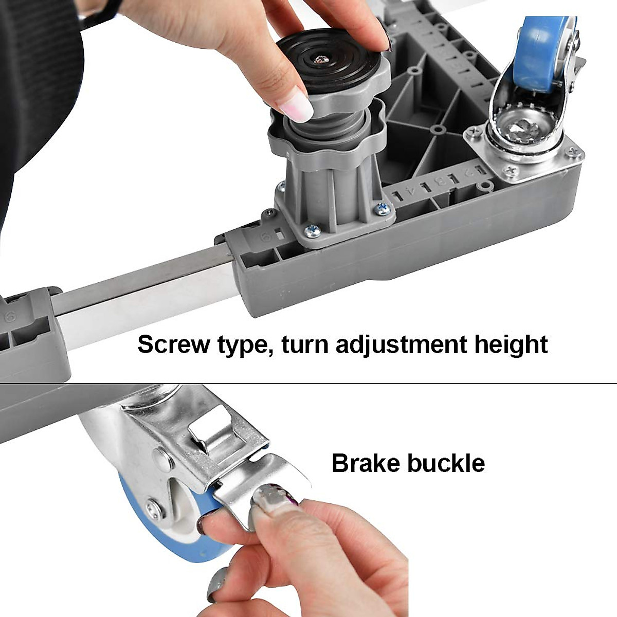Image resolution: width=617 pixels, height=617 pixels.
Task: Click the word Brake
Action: pos(366,463)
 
